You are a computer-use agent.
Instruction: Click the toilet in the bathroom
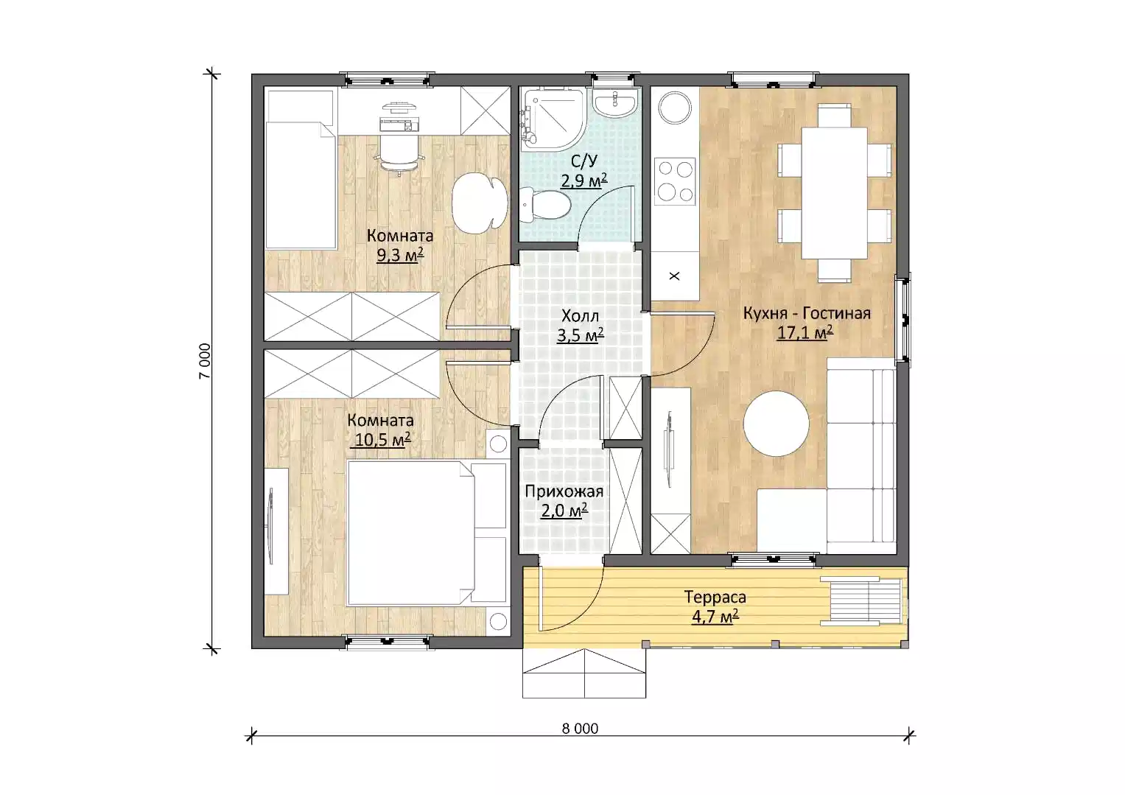click(545, 205)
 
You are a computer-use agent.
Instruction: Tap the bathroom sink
click(615, 103)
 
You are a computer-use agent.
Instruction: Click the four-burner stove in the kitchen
click(675, 181)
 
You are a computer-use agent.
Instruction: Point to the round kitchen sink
click(675, 108)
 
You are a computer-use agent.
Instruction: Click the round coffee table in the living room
click(776, 424)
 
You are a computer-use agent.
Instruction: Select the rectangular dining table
click(834, 193)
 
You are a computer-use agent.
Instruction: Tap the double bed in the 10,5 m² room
click(426, 533)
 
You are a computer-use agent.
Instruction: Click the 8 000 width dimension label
click(580, 729)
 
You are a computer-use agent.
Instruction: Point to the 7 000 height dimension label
click(205, 361)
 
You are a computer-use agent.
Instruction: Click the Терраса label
click(715, 597)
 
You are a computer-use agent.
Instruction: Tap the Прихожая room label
click(564, 491)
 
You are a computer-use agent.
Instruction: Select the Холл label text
click(580, 316)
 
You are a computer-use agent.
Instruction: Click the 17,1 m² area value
click(805, 332)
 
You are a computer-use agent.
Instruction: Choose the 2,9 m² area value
click(583, 180)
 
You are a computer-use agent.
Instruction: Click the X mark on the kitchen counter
click(675, 276)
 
